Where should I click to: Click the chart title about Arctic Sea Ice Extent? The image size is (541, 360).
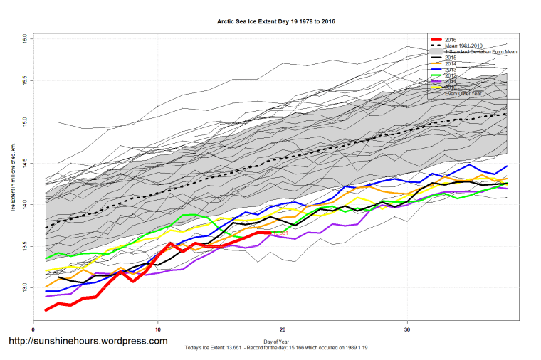[276, 22]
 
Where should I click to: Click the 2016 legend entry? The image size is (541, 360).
[451, 39]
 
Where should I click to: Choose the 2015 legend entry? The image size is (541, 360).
[451, 58]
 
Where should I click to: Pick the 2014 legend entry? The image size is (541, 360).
[451, 64]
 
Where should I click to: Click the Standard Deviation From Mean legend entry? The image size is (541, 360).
[481, 52]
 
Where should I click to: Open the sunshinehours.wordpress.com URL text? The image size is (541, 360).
[88, 342]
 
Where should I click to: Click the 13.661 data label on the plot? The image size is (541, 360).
[279, 233]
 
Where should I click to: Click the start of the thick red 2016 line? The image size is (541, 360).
[46, 309]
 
